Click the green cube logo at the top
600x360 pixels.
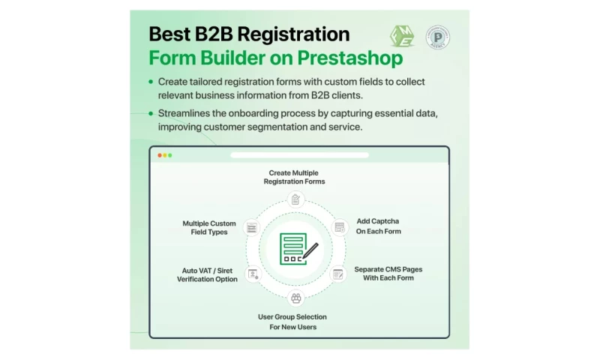coord(401,36)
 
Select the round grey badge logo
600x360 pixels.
coord(438,37)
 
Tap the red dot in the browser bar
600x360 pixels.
coord(159,155)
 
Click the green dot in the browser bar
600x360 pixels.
coord(170,155)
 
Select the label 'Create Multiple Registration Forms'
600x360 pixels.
coord(294,177)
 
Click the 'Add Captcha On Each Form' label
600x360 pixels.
coord(378,226)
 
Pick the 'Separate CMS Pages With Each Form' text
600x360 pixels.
coord(382,273)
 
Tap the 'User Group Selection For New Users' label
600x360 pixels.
coord(292,322)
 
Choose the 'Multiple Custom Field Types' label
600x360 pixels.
coord(208,227)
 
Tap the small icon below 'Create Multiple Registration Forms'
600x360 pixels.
coord(296,199)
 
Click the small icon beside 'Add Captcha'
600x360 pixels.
coord(339,226)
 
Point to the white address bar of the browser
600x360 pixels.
coord(299,155)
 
